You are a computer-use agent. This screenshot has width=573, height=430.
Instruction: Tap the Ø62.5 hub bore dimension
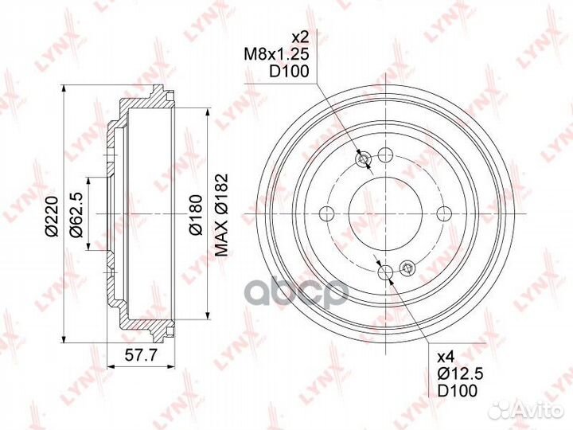tap(76, 213)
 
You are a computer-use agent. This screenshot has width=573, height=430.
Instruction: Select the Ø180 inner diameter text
tap(196, 215)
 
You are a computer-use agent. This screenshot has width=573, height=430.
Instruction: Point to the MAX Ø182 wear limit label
tap(221, 215)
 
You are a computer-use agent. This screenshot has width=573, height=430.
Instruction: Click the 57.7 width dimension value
tap(141, 354)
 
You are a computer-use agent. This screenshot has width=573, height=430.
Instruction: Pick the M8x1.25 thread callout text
tap(277, 54)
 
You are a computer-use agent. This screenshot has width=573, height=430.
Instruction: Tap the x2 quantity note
tap(300, 37)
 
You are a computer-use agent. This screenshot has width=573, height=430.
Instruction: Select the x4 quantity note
tap(446, 356)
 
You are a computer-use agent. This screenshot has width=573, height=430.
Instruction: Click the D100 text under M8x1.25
tap(289, 72)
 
